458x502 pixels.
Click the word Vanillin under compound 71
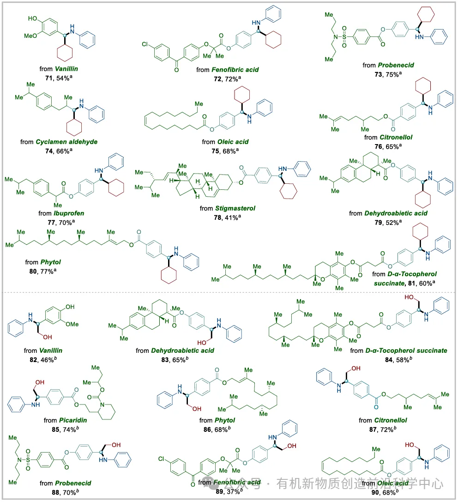point(64,68)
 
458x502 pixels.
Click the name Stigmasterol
point(239,208)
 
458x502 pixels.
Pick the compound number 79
point(374,221)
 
